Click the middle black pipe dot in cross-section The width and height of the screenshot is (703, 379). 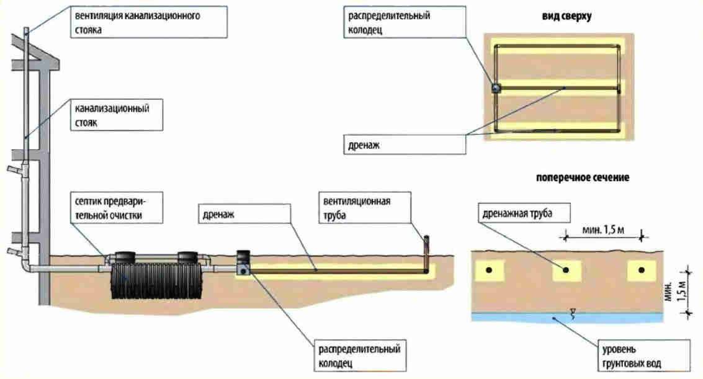click(x=566, y=270)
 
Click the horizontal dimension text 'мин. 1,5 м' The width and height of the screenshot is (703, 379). click(x=602, y=231)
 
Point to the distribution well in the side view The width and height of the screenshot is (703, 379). click(x=243, y=264)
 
